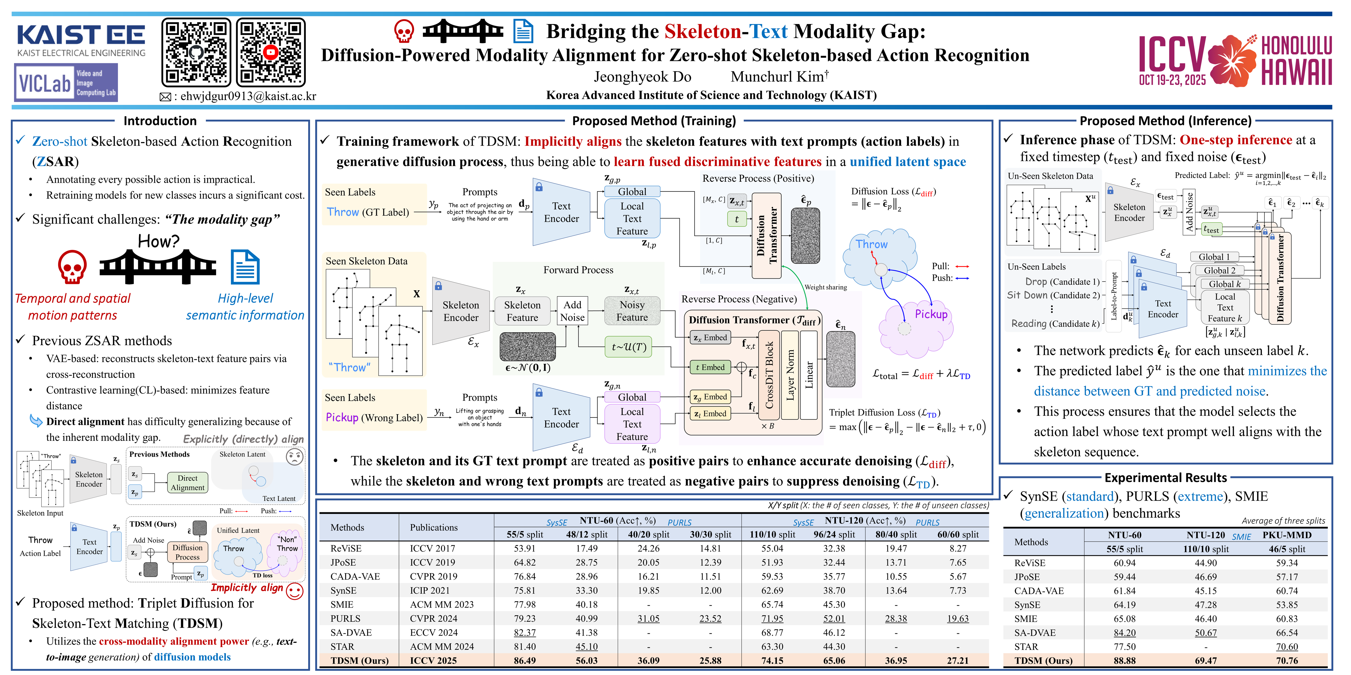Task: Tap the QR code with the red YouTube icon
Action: point(271,52)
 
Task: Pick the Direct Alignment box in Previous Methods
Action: point(187,483)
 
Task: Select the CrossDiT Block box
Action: point(769,375)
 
